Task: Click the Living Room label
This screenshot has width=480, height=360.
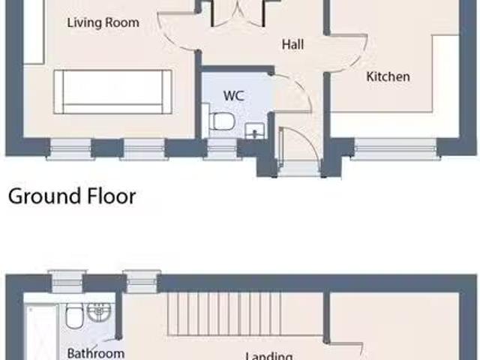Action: [103, 22]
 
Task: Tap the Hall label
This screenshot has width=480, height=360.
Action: [292, 45]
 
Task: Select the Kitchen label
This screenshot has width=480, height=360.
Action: [388, 76]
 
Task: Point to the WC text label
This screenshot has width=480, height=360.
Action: [233, 97]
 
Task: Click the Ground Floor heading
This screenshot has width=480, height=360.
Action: [72, 196]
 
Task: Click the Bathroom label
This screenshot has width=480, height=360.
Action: [95, 352]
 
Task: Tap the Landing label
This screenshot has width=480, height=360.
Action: [270, 356]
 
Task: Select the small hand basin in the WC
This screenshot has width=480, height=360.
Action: [256, 130]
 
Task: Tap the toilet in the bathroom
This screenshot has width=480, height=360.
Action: [75, 316]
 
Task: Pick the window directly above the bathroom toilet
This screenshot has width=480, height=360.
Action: [68, 281]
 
